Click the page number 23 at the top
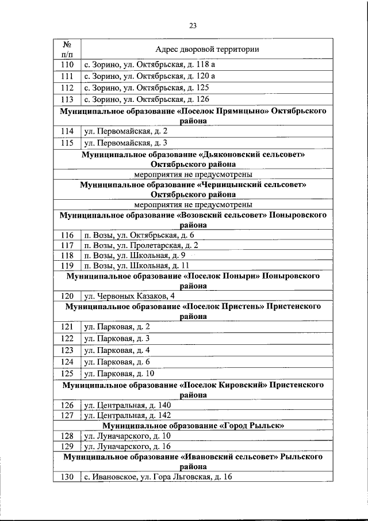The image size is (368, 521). (x=193, y=25)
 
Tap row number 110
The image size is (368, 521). (x=67, y=64)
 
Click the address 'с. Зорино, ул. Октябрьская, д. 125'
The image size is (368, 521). (x=145, y=88)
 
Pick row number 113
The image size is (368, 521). (x=67, y=100)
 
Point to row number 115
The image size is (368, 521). (x=67, y=143)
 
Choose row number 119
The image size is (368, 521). (x=67, y=265)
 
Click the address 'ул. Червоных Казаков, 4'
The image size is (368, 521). (x=126, y=296)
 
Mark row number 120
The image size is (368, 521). (x=67, y=296)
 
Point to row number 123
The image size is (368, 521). (x=67, y=350)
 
